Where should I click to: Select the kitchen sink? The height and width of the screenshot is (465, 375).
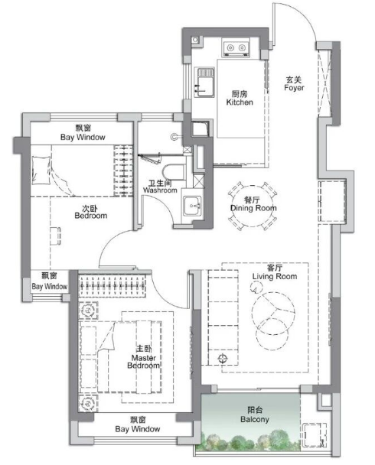click(x=204, y=82)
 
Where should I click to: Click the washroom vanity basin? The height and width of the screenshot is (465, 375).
click(x=192, y=206)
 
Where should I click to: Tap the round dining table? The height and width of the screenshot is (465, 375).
click(x=253, y=206)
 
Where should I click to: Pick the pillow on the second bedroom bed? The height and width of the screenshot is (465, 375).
click(x=41, y=171)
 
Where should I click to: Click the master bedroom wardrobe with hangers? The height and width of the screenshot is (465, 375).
click(x=112, y=286)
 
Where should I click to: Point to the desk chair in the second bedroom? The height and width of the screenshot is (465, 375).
click(x=55, y=236)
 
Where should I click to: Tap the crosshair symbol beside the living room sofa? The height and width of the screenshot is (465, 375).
click(x=223, y=359)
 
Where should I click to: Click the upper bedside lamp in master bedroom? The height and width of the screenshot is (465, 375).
click(x=88, y=311)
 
